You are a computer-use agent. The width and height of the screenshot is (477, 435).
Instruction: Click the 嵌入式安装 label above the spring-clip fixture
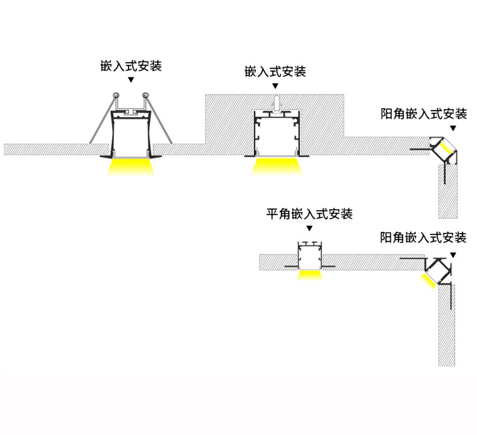point(131,66)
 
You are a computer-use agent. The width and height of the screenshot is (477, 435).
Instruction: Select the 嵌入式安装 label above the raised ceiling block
point(275,72)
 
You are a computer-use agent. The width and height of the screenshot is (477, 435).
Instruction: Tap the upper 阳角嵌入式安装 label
point(424,114)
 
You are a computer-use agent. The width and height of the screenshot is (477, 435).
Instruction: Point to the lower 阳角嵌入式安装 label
point(423,237)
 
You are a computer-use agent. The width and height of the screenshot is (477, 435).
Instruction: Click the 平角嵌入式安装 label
point(310,214)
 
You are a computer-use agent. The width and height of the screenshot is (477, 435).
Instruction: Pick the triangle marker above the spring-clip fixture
point(131,80)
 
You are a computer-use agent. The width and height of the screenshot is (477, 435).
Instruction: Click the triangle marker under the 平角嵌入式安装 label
point(310,228)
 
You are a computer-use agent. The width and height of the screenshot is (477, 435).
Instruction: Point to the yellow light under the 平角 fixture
point(310,275)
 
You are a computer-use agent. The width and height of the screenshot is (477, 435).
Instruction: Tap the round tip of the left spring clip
point(115,95)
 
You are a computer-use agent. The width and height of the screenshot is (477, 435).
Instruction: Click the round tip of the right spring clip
point(146,95)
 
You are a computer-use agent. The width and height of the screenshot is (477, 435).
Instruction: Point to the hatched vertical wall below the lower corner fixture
point(447,326)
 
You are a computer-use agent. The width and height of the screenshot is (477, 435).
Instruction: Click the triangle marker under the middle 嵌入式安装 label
point(276,86)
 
